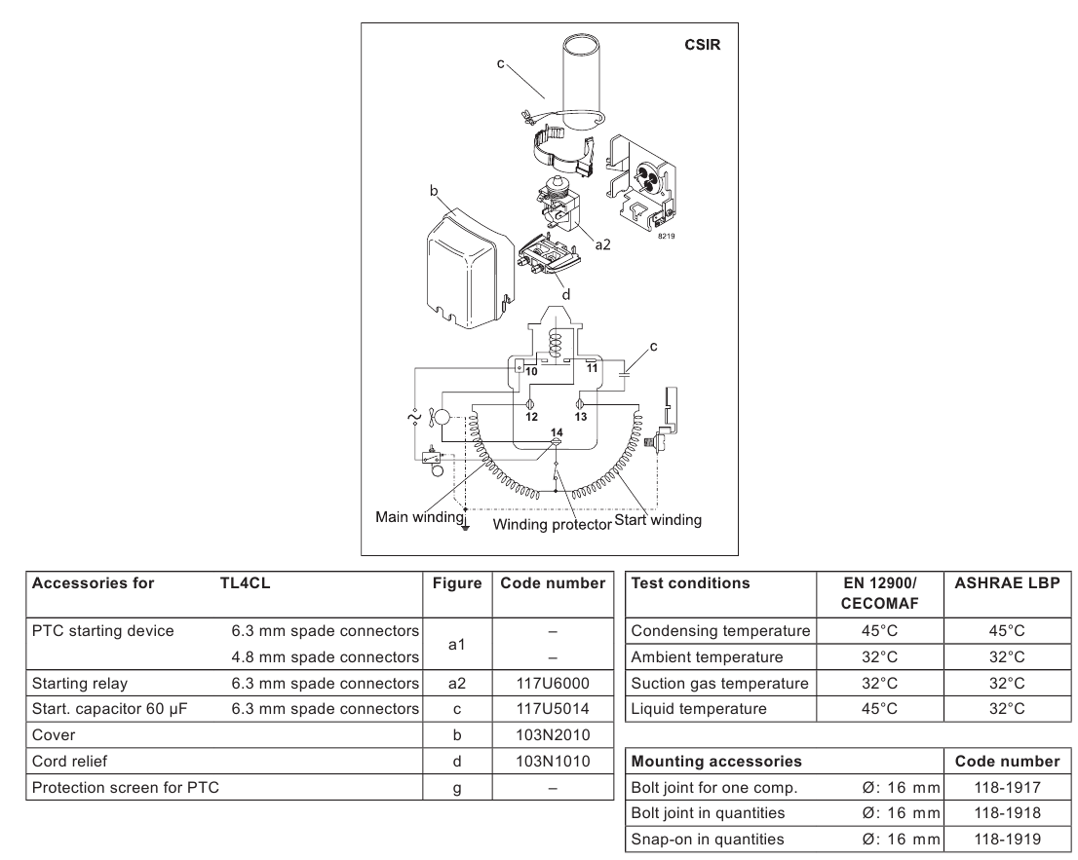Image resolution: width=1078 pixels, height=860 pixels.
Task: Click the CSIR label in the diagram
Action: click(702, 45)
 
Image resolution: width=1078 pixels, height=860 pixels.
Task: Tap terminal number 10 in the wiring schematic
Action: click(531, 372)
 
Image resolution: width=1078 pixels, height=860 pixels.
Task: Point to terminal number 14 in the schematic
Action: click(557, 432)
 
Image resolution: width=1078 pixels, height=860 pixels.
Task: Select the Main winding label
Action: click(419, 516)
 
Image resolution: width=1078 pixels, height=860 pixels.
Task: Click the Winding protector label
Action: click(552, 525)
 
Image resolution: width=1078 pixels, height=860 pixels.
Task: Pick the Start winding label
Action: click(658, 520)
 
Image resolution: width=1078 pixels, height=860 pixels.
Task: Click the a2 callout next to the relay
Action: click(602, 244)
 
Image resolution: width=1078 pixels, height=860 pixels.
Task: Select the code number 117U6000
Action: click(553, 684)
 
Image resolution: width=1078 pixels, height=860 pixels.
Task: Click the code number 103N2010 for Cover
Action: click(553, 735)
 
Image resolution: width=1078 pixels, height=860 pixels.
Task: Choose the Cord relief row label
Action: click(69, 761)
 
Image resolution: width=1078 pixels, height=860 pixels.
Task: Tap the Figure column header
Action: click(457, 583)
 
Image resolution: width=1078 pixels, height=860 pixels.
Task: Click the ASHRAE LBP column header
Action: click(1007, 583)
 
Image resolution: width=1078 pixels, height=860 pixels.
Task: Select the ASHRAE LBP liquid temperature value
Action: click(1007, 709)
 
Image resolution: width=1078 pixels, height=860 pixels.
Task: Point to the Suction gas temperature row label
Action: click(720, 684)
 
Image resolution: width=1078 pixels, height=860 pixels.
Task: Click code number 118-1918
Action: click(1007, 813)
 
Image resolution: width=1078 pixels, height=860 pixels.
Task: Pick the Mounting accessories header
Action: click(716, 761)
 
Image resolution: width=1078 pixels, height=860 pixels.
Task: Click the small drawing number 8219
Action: click(666, 237)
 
